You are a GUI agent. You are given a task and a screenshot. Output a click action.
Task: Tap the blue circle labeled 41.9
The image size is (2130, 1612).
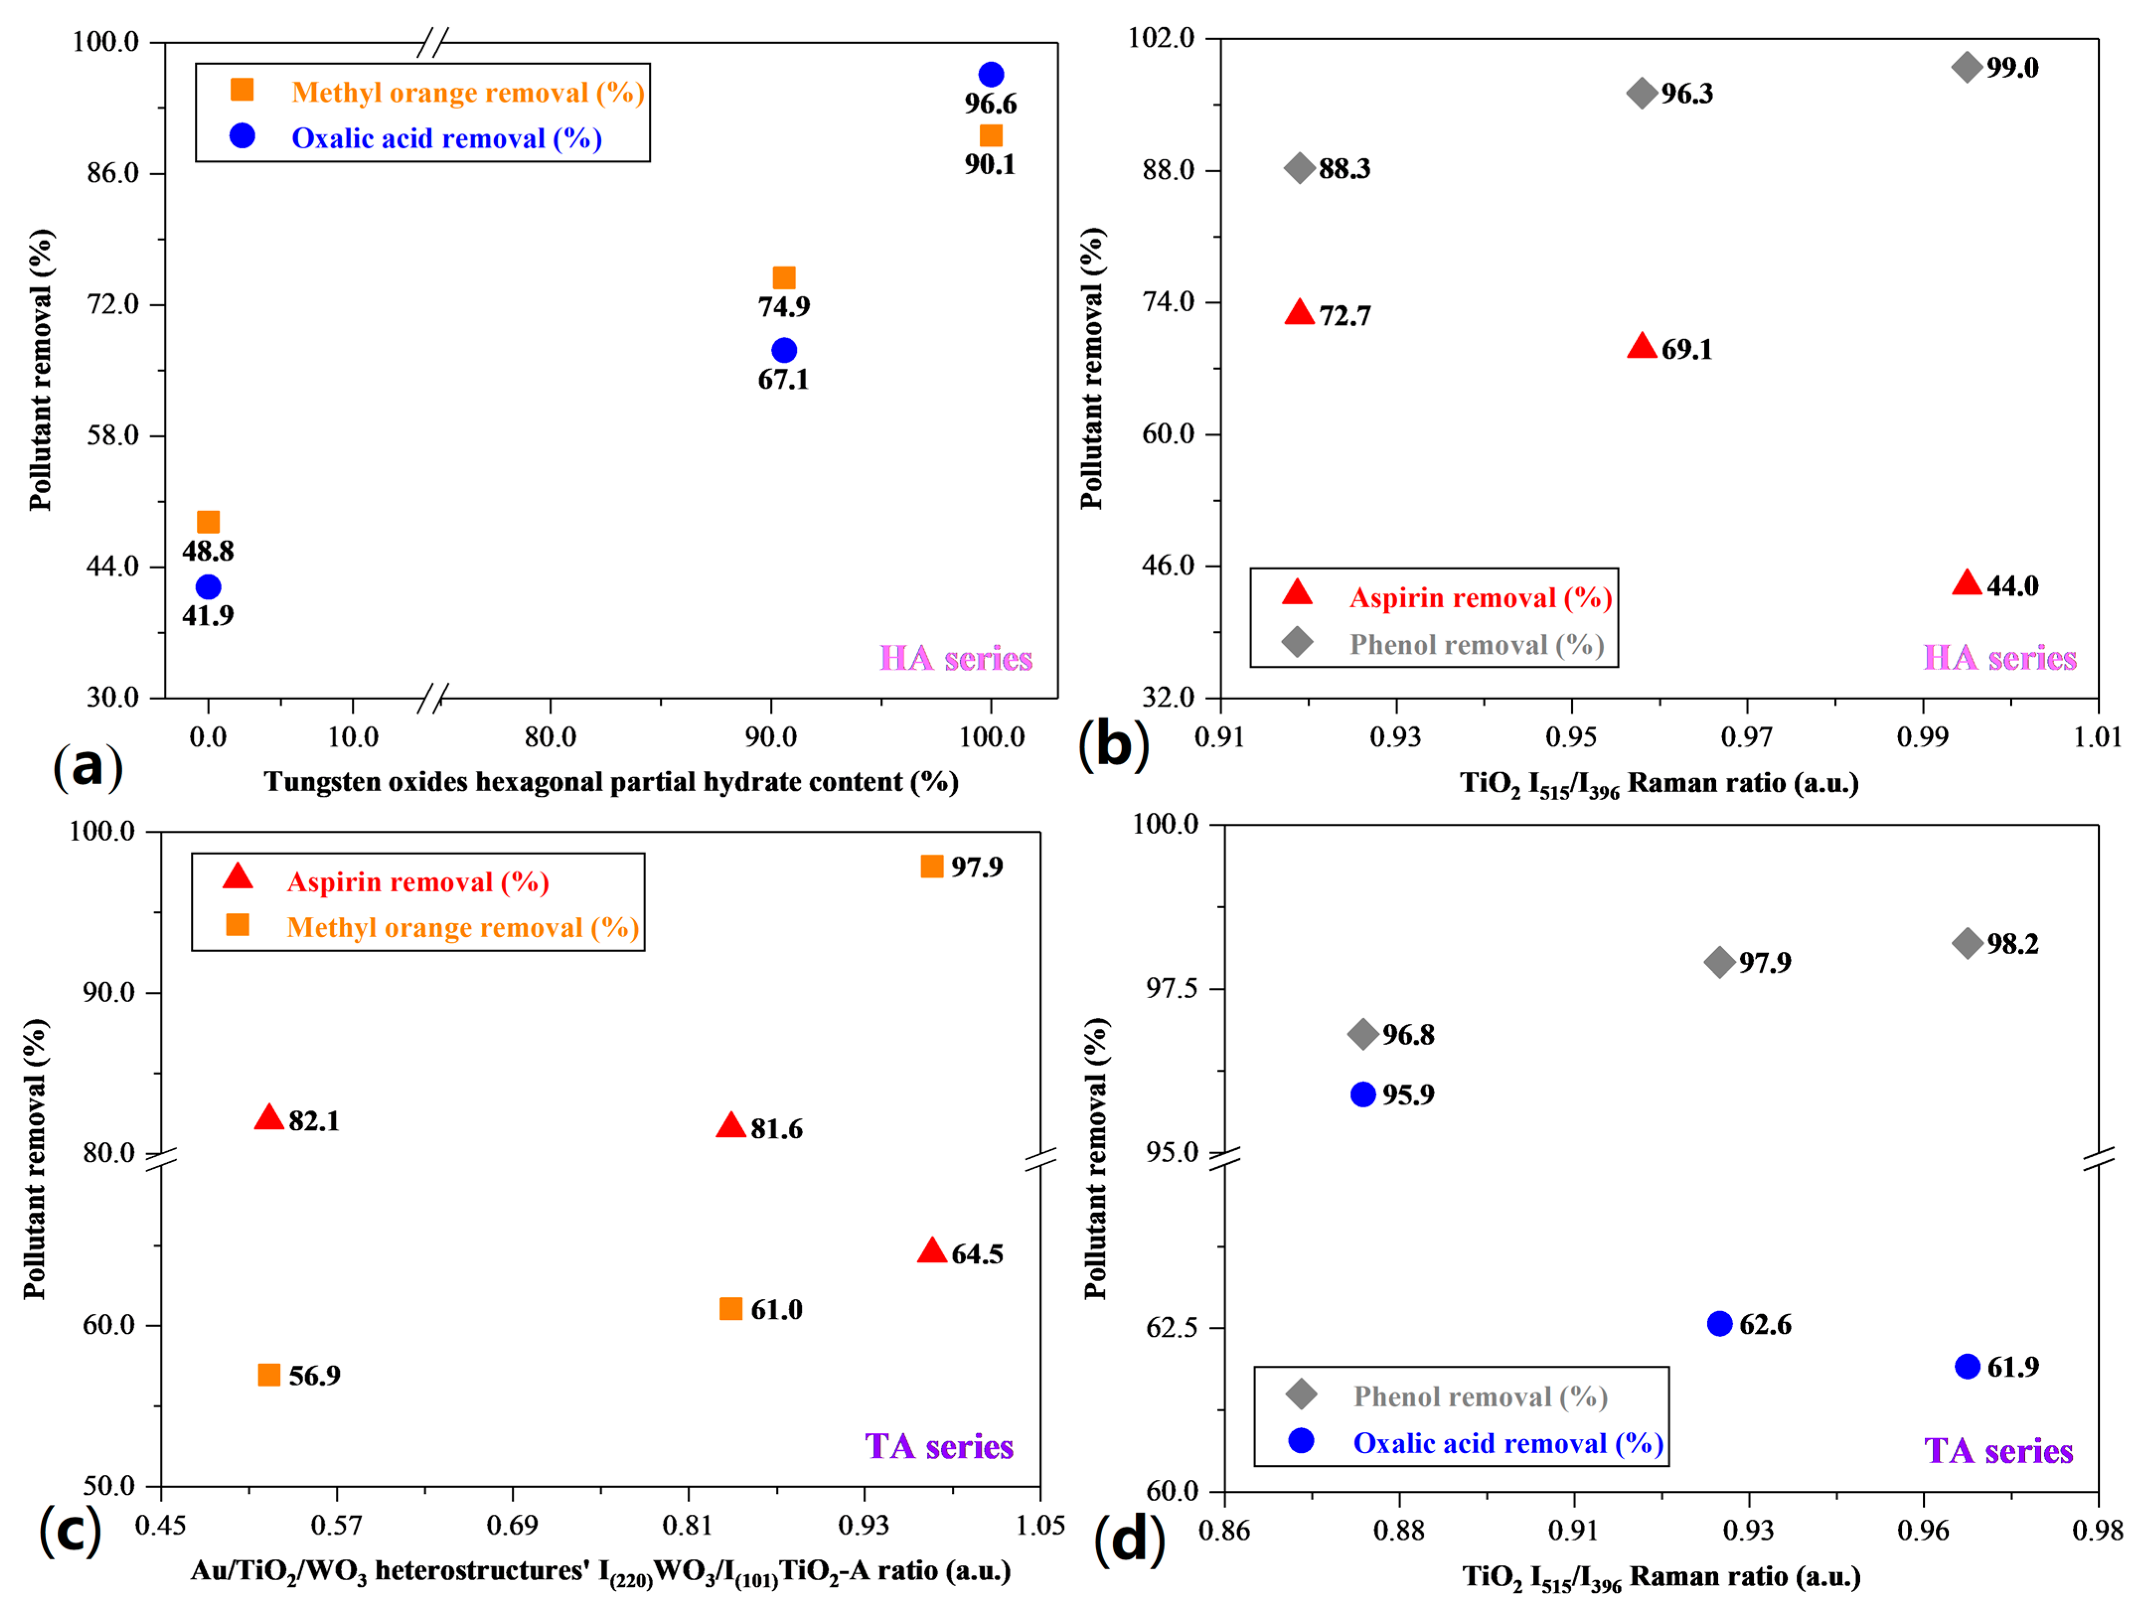coord(208,586)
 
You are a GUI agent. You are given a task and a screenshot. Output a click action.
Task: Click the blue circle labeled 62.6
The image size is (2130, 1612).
coord(1720,1324)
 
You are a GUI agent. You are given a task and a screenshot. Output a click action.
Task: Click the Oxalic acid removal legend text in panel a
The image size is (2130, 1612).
coord(447,139)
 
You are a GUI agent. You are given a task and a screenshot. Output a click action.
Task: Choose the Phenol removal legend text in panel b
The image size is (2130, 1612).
coord(1476,644)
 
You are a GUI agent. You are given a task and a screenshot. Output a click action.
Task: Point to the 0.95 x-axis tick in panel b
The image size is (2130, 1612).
coord(1572,737)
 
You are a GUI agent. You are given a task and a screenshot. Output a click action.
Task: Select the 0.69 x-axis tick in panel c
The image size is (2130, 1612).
coord(512,1525)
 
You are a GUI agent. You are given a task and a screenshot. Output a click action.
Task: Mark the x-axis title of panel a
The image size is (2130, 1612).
coord(611,782)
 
